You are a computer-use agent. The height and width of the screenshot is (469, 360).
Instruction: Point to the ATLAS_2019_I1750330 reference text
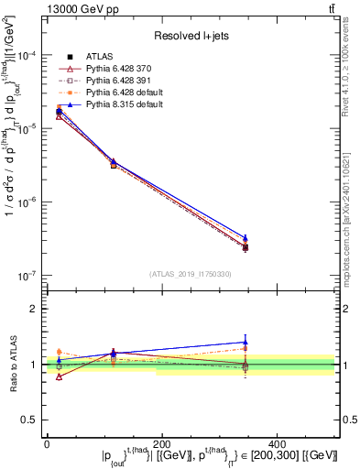tap(191, 273)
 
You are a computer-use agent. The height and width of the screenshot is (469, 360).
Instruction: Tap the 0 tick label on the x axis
tap(47, 442)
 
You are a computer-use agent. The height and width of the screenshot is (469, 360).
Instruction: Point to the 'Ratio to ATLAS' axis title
tap(12, 364)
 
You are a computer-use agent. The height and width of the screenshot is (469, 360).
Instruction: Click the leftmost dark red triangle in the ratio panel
tap(60, 376)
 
